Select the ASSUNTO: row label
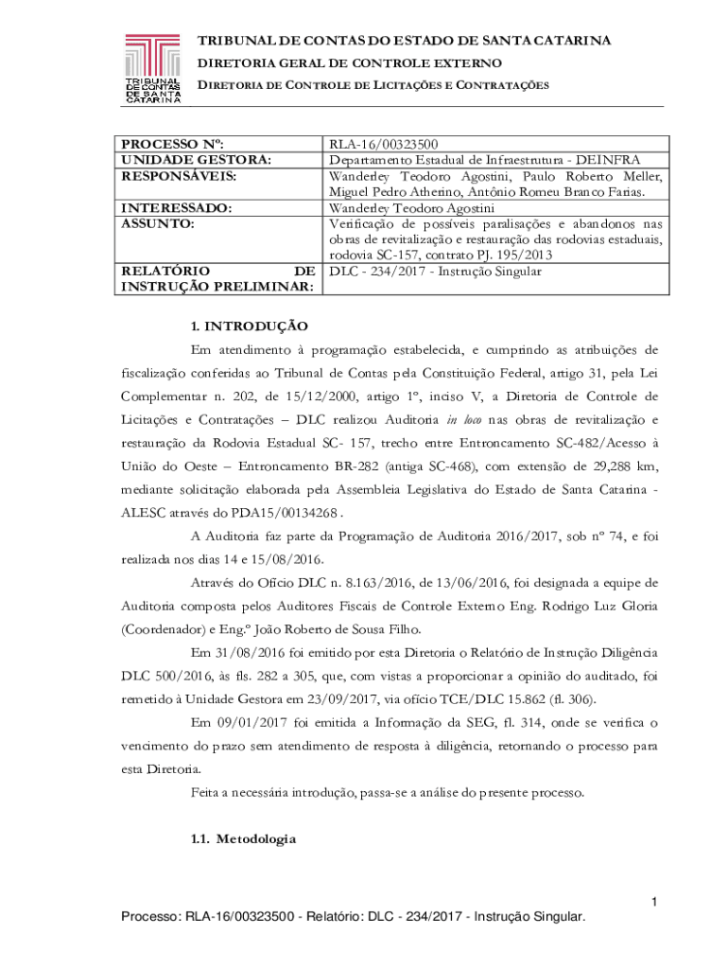(x=156, y=223)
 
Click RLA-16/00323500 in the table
(x=382, y=145)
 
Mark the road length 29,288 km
(x=621, y=466)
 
